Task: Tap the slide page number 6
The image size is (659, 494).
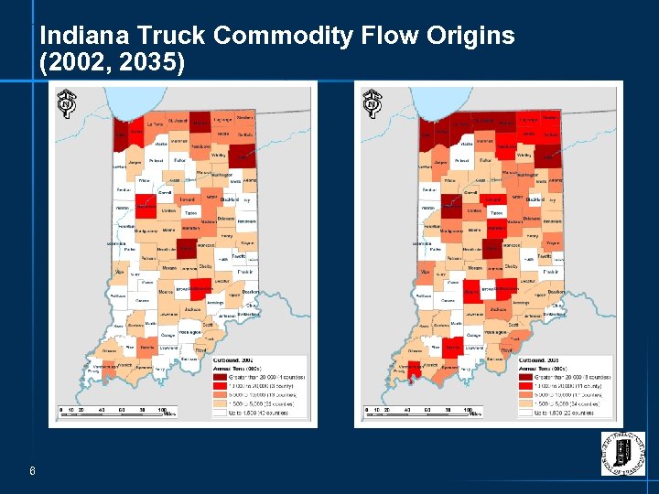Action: (x=32, y=472)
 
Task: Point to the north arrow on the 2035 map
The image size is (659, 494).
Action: (x=373, y=102)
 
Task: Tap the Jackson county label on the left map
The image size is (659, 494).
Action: (x=192, y=309)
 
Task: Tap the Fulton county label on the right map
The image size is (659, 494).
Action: (x=486, y=161)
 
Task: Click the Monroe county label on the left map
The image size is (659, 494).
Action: (x=165, y=292)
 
